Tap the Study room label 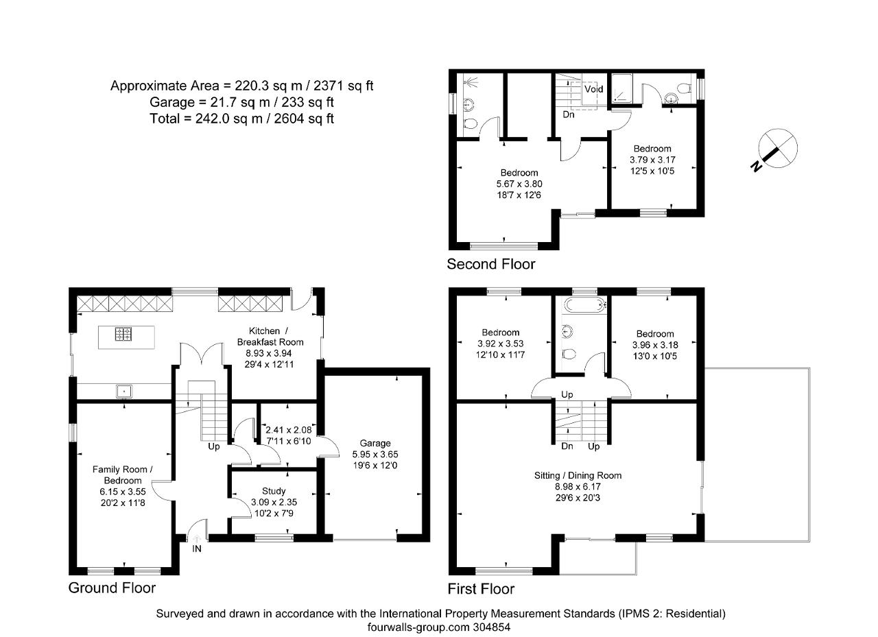(273, 491)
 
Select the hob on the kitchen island (125, 334)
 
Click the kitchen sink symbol (125, 392)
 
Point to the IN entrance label (198, 549)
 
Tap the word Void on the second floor (593, 89)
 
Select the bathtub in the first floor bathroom (582, 304)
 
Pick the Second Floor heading (490, 264)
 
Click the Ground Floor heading (112, 588)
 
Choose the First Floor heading (481, 589)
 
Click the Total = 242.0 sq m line (241, 119)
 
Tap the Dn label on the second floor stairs (569, 115)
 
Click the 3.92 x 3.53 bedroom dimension (500, 344)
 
